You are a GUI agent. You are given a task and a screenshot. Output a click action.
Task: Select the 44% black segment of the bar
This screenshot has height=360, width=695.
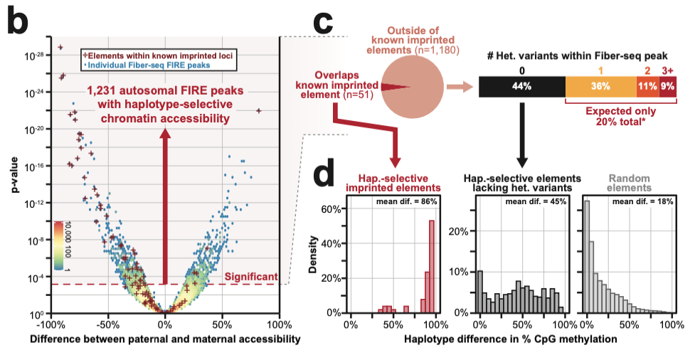[521, 87]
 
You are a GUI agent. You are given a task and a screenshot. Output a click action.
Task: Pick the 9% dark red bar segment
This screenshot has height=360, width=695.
[667, 87]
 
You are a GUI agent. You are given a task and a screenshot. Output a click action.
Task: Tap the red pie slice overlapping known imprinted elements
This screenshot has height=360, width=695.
[395, 86]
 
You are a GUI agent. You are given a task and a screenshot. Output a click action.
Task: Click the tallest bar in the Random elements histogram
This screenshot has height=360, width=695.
[587, 256]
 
